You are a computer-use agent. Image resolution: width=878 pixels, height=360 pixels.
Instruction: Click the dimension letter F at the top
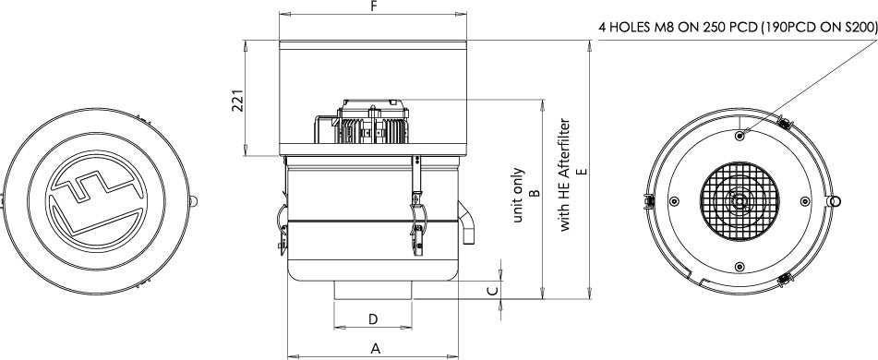pyautogui.click(x=374, y=6)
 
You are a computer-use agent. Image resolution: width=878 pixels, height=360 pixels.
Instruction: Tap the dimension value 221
pyautogui.click(x=238, y=101)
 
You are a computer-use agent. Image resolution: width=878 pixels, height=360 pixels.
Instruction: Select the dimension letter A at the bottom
pyautogui.click(x=376, y=349)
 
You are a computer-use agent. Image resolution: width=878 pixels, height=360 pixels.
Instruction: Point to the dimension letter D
pyautogui.click(x=374, y=319)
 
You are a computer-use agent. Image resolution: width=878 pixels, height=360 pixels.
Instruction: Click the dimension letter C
pyautogui.click(x=492, y=291)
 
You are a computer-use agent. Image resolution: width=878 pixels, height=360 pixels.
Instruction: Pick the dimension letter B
pyautogui.click(x=535, y=193)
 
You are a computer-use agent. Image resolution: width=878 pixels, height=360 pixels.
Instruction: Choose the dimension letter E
pyautogui.click(x=583, y=171)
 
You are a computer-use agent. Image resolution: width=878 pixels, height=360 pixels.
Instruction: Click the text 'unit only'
pyautogui.click(x=518, y=195)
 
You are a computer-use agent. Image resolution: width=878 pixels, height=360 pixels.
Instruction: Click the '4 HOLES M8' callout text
pyautogui.click(x=635, y=29)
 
